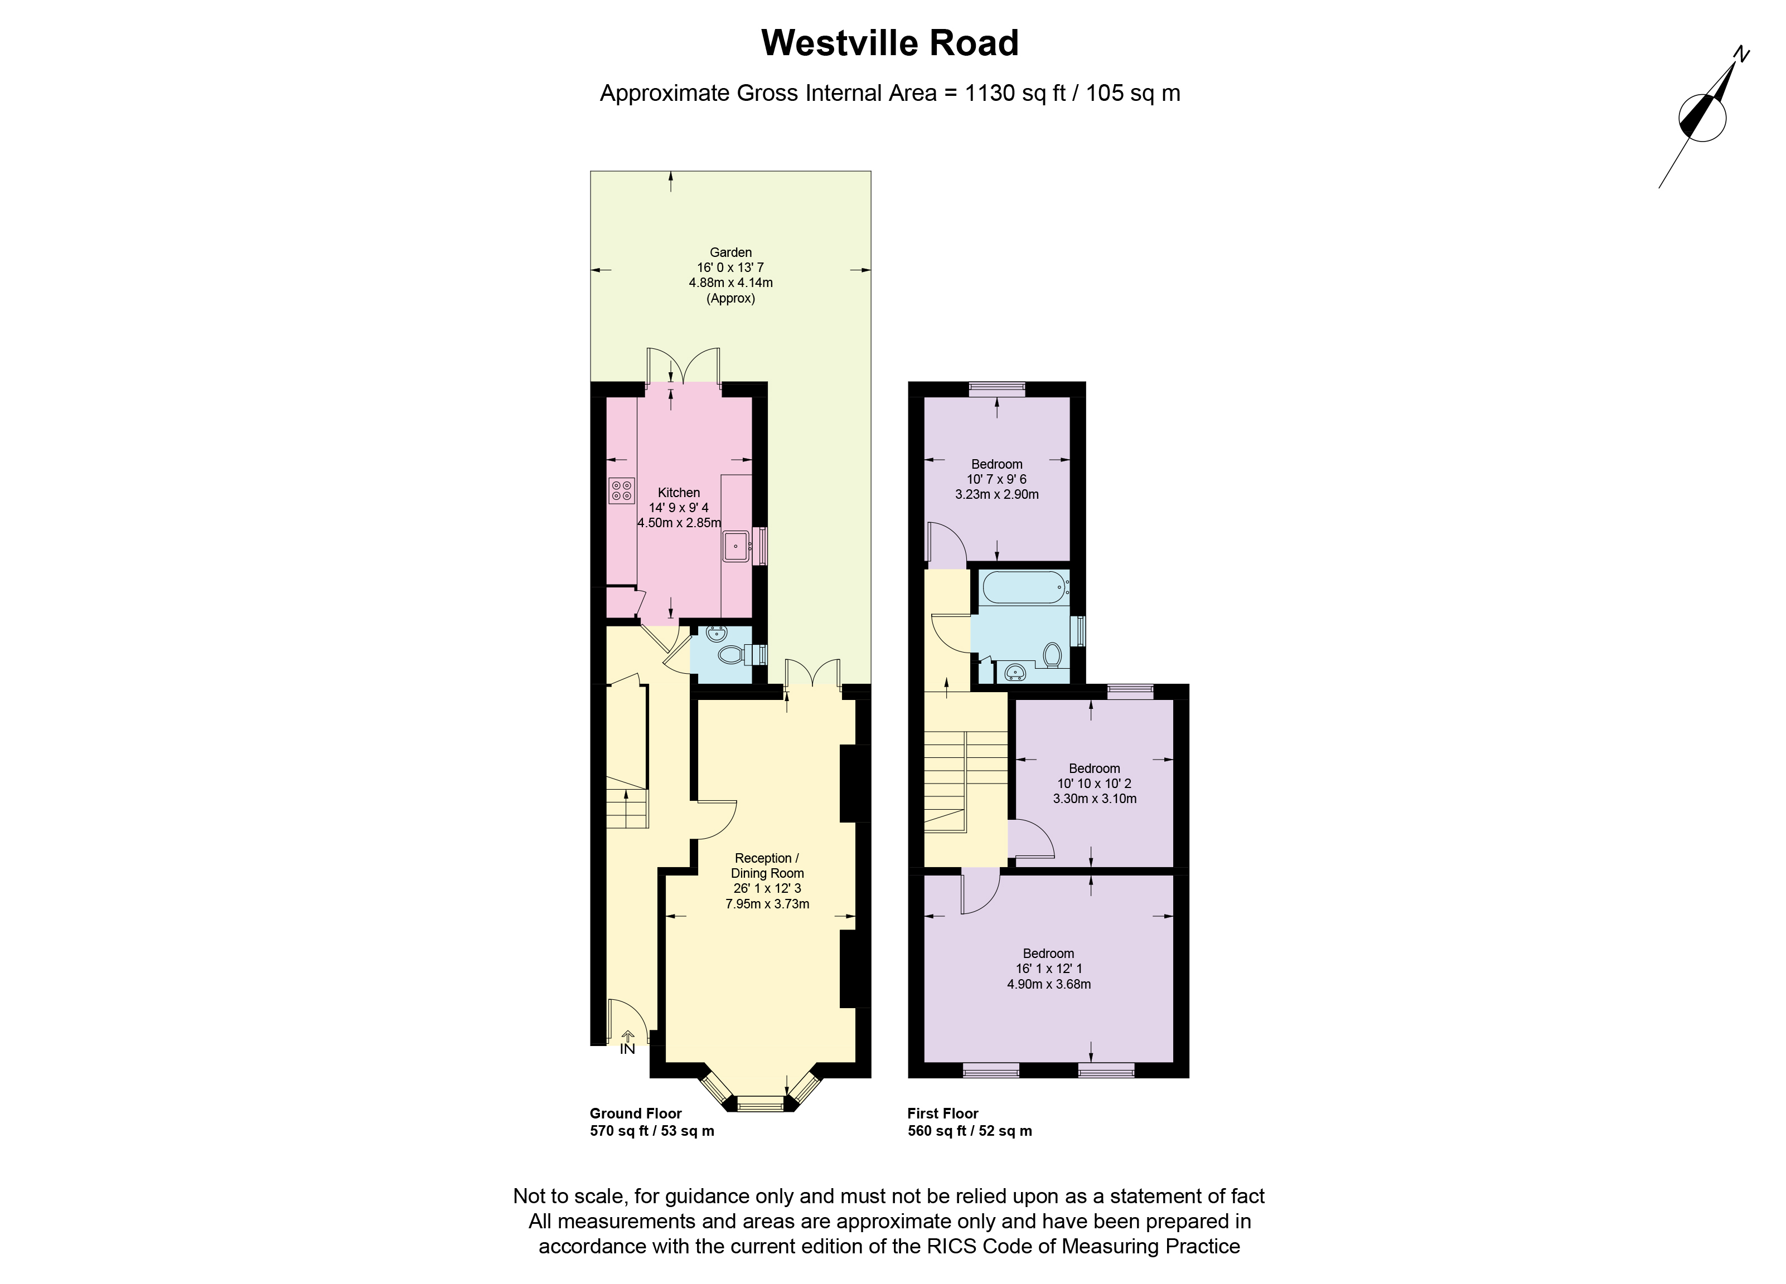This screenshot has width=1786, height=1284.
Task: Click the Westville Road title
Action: (x=890, y=43)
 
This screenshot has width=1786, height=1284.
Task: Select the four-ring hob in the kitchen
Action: (x=621, y=490)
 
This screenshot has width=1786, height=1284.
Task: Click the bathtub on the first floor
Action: (x=1024, y=586)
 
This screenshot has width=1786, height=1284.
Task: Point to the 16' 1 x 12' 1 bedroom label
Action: (x=1048, y=969)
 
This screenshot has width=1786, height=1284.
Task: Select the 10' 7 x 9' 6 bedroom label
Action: (x=996, y=479)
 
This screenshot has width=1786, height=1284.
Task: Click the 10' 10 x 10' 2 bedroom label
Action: (x=1094, y=784)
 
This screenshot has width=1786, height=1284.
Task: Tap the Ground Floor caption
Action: (x=636, y=1113)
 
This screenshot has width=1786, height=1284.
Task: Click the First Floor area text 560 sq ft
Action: (x=969, y=1131)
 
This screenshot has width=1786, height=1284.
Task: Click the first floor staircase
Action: (x=945, y=780)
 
